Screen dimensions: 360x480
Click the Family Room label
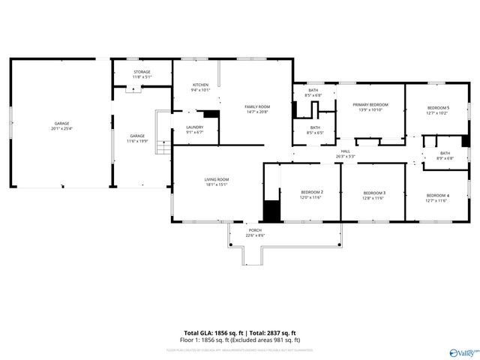[x=257, y=107]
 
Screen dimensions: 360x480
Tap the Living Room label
[x=217, y=179]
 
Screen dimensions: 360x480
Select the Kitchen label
[x=200, y=85]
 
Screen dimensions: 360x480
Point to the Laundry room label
[x=194, y=127]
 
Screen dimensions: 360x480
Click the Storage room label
[x=142, y=72]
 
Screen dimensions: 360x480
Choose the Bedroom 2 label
[x=311, y=193]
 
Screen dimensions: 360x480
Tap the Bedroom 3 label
[x=373, y=193]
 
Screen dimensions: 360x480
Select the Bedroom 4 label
[x=436, y=196]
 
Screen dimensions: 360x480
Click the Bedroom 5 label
[x=437, y=108]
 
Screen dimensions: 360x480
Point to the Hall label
[x=346, y=151]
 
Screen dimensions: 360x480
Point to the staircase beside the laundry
[x=163, y=133]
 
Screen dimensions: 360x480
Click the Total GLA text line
[x=240, y=332]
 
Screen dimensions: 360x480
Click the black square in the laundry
[x=211, y=115]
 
